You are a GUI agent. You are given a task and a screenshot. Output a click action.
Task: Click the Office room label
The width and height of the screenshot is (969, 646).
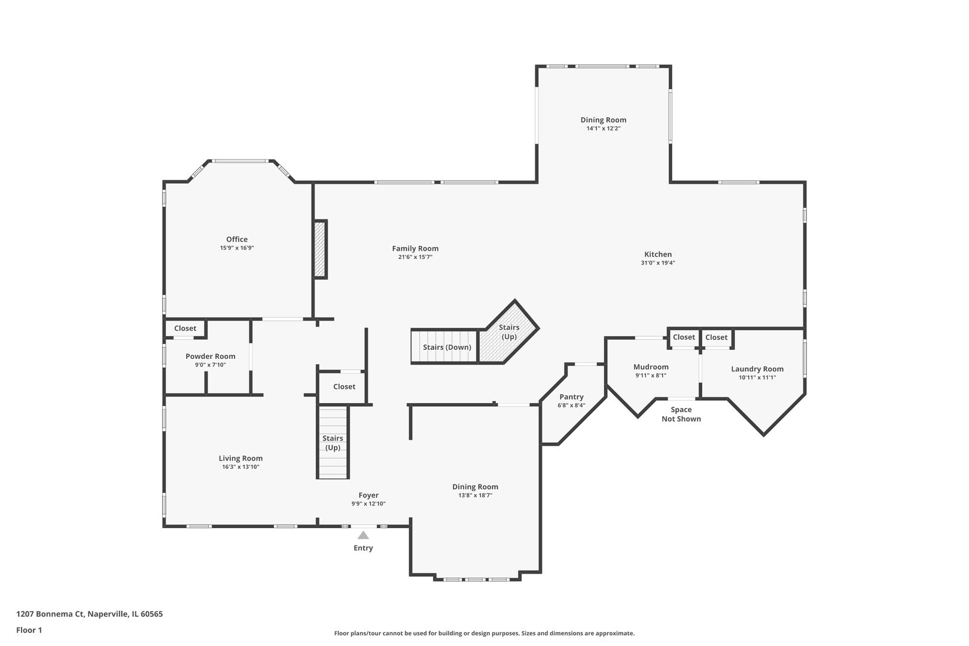pyautogui.click(x=237, y=239)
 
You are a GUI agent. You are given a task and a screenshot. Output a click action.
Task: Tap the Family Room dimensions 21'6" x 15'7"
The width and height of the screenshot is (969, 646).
pyautogui.click(x=415, y=257)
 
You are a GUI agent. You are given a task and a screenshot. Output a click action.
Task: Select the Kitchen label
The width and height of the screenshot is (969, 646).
pyautogui.click(x=658, y=254)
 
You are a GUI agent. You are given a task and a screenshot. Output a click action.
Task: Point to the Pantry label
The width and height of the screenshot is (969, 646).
pyautogui.click(x=571, y=397)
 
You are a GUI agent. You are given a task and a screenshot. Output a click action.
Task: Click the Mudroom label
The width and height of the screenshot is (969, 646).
pyautogui.click(x=651, y=367)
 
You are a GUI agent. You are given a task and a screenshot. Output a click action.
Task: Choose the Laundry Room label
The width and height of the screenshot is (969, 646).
pyautogui.click(x=757, y=369)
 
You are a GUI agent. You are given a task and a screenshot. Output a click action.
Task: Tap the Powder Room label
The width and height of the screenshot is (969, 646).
pyautogui.click(x=210, y=356)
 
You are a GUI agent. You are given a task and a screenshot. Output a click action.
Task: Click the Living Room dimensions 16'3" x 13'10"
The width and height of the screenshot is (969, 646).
pyautogui.click(x=240, y=467)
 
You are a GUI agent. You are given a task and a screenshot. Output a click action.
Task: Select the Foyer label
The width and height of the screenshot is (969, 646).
pyautogui.click(x=368, y=495)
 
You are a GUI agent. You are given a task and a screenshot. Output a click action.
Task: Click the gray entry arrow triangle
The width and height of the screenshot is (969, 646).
pyautogui.click(x=364, y=535)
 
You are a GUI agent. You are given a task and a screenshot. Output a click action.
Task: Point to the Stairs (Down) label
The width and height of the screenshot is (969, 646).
pyautogui.click(x=447, y=348)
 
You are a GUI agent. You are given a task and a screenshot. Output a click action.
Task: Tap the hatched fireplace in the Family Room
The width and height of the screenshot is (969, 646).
pyautogui.click(x=319, y=249)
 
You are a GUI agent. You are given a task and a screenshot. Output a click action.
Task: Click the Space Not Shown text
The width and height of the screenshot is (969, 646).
pyautogui.click(x=681, y=414)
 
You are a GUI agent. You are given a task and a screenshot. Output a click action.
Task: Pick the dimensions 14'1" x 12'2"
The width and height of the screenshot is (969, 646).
pyautogui.click(x=604, y=129)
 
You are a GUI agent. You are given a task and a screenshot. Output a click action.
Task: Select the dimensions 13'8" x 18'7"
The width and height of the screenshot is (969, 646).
pyautogui.click(x=476, y=495)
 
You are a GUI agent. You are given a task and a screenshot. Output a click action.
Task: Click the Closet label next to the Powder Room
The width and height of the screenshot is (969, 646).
pyautogui.click(x=185, y=328)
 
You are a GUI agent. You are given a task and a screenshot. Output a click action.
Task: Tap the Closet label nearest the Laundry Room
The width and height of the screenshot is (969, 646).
pyautogui.click(x=717, y=337)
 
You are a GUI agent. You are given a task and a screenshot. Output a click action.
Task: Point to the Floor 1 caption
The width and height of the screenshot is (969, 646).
pyautogui.click(x=29, y=630)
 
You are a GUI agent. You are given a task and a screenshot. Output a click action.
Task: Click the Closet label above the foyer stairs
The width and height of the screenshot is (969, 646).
pyautogui.click(x=345, y=387)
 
